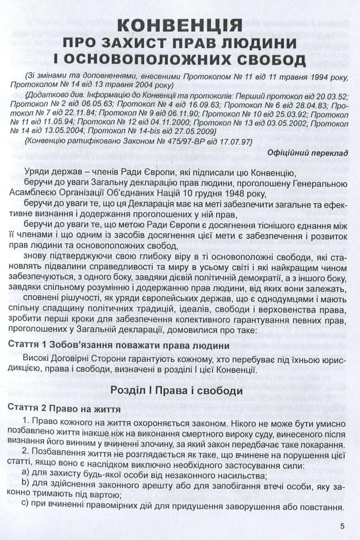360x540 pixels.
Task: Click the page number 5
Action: tap(342, 523)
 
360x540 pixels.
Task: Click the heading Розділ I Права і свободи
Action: tap(179, 389)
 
